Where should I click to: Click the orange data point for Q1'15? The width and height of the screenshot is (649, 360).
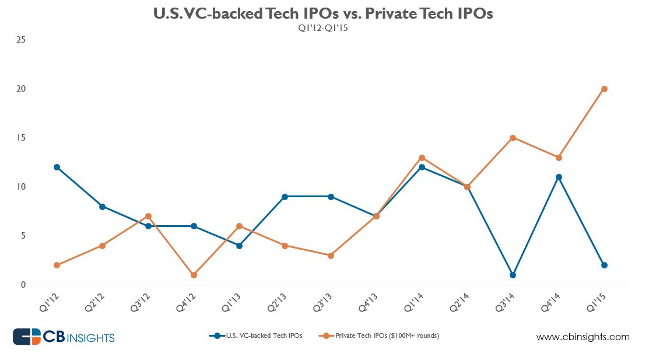pyautogui.click(x=604, y=89)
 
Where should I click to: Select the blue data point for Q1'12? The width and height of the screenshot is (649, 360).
pyautogui.click(x=57, y=167)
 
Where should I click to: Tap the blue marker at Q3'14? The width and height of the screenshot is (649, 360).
pyautogui.click(x=513, y=275)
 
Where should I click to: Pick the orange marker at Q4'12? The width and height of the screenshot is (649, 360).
pyautogui.click(x=194, y=275)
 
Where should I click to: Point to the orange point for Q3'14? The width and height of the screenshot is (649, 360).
pyautogui.click(x=513, y=138)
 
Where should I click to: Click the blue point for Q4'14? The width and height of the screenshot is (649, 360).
pyautogui.click(x=559, y=177)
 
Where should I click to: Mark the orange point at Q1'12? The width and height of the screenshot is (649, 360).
pyautogui.click(x=57, y=265)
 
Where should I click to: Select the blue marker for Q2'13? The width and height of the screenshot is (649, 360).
pyautogui.click(x=285, y=197)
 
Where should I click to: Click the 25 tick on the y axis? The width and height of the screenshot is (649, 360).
pyautogui.click(x=24, y=40)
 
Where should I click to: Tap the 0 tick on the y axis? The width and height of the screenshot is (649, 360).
pyautogui.click(x=24, y=285)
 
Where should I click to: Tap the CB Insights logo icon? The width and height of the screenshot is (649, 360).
pyautogui.click(x=26, y=337)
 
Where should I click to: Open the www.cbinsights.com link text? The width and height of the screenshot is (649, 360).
pyautogui.click(x=583, y=337)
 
